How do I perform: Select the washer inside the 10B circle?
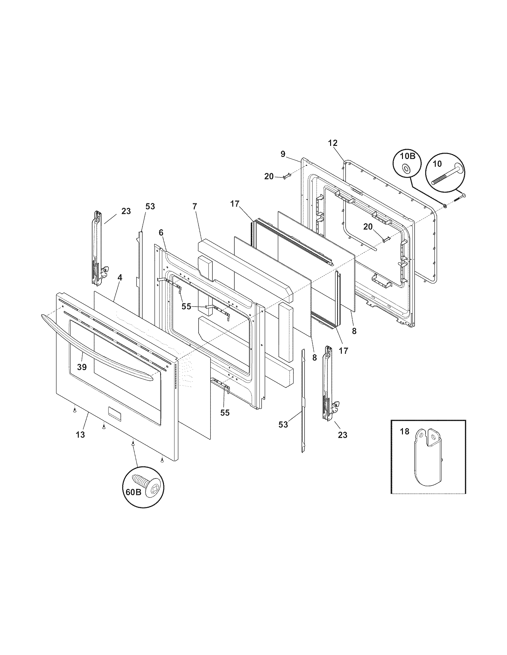coord(406,169)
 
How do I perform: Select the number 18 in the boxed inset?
coord(405,432)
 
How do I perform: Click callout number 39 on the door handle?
coord(82,367)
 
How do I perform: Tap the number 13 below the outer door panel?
coord(80,434)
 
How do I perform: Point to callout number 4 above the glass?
coord(120,277)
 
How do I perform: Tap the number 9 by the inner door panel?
coord(283,154)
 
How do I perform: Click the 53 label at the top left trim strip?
coord(150,206)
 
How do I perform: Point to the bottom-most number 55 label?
coord(225,413)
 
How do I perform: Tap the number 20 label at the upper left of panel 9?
coord(269,177)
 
